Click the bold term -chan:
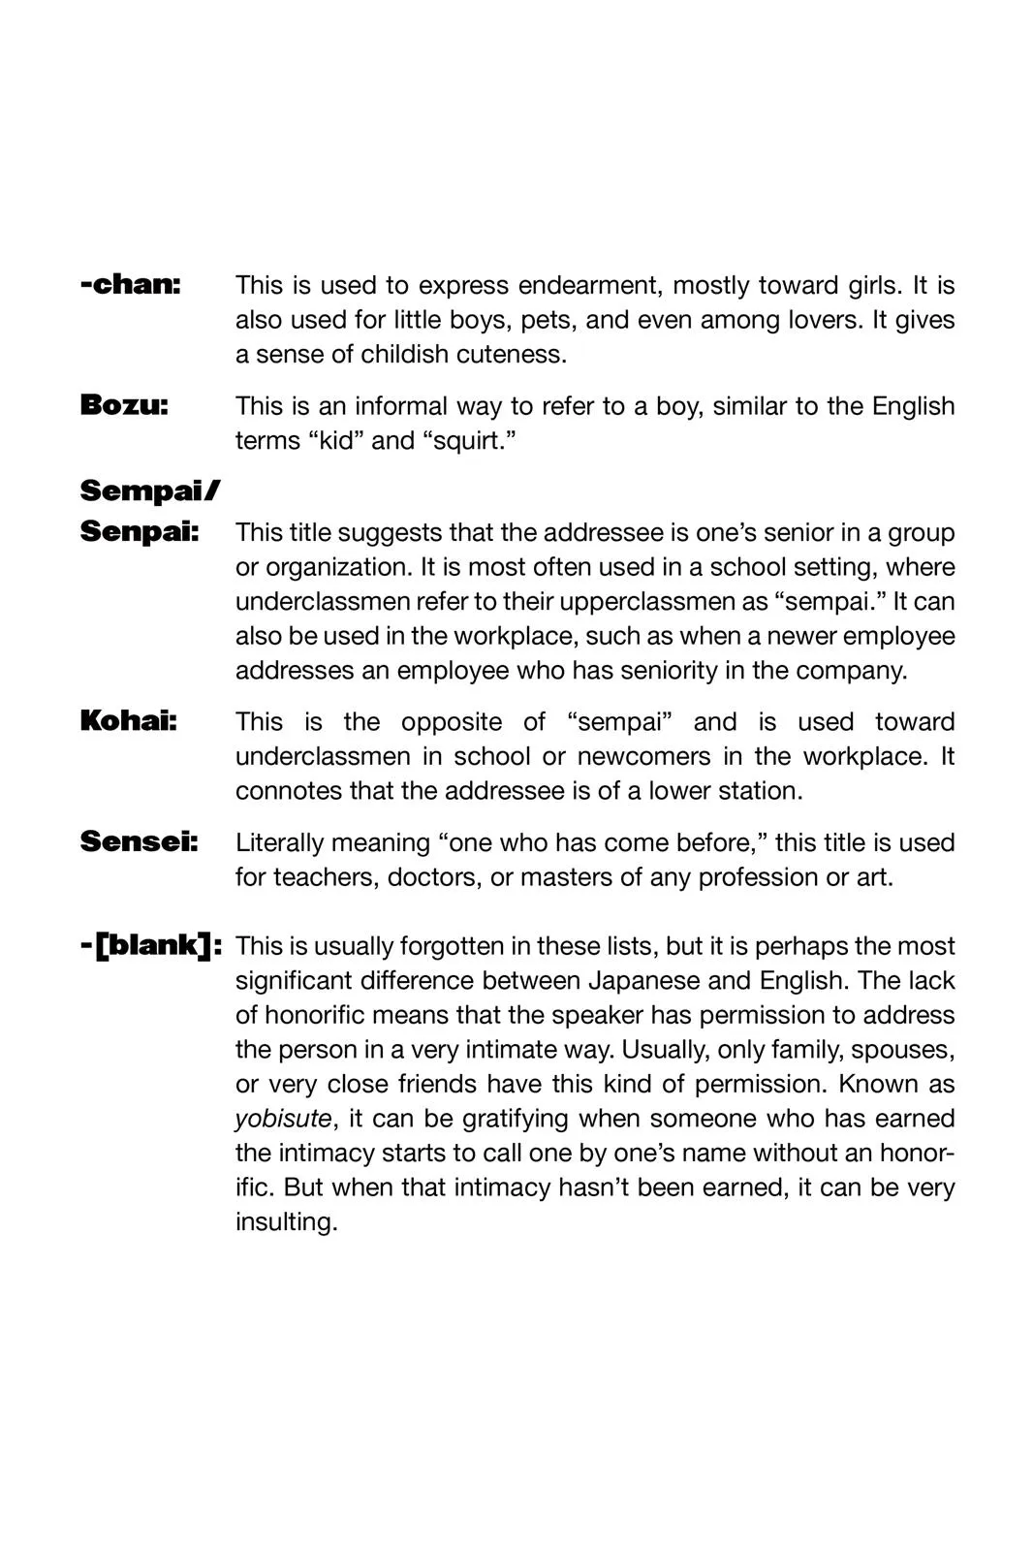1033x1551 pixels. coord(131,285)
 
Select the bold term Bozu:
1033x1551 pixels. coord(124,405)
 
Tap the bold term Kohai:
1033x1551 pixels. coord(128,721)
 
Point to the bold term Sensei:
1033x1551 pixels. coord(139,841)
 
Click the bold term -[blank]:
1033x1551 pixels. coord(151,945)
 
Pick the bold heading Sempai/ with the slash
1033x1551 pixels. coord(150,491)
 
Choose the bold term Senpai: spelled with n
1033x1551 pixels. coord(140,532)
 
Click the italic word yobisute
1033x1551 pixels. coord(283,1119)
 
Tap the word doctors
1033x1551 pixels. coord(433,877)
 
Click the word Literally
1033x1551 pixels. coord(284,842)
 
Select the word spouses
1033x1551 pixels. coord(902,1050)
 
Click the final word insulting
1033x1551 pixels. coord(286,1222)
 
